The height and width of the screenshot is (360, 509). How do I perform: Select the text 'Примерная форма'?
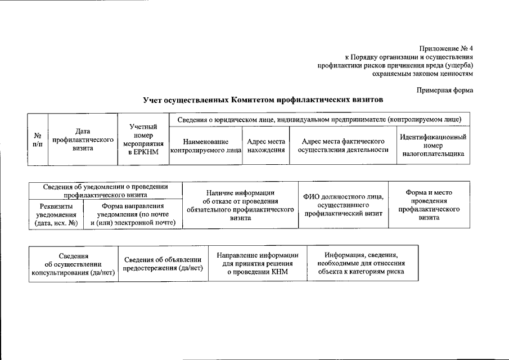click(x=445, y=90)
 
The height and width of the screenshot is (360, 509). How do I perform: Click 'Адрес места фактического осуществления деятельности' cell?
click(x=343, y=145)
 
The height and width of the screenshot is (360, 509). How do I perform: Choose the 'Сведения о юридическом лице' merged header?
click(x=319, y=120)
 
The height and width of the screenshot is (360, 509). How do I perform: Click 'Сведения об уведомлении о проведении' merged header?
click(x=106, y=191)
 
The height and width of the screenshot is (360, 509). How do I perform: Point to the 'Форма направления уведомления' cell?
click(x=133, y=214)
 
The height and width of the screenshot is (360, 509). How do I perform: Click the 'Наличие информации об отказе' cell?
click(x=240, y=205)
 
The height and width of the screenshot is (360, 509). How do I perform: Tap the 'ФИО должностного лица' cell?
click(x=343, y=205)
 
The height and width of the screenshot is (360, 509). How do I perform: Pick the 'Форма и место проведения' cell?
click(x=429, y=205)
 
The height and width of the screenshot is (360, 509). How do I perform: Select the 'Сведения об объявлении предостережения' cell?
click(x=163, y=264)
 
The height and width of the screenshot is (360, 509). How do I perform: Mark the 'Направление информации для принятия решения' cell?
click(x=257, y=264)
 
